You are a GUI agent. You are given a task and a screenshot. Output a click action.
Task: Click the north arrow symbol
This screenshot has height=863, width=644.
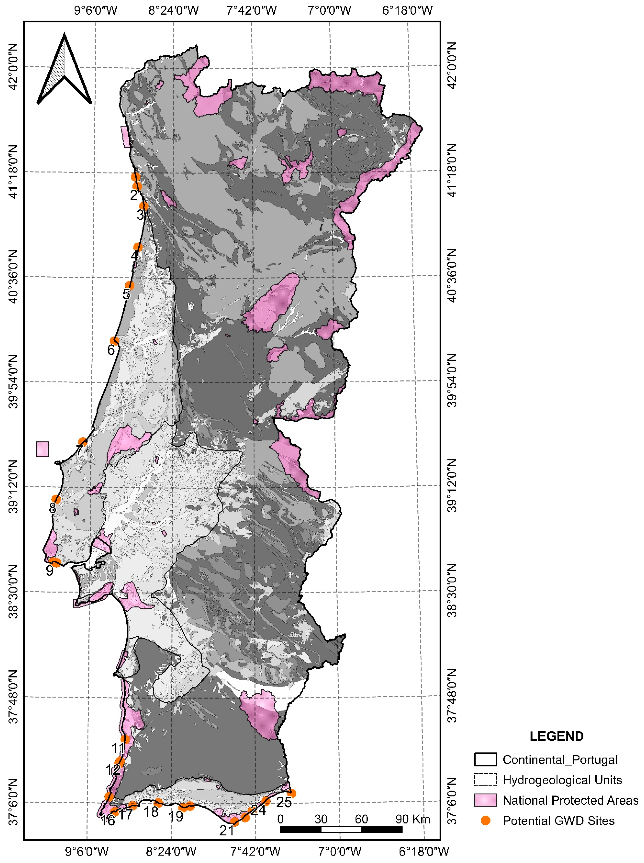tap(64, 70)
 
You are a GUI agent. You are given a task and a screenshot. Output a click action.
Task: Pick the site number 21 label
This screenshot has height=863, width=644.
tap(227, 831)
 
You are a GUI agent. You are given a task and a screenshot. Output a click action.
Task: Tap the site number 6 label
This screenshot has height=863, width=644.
tap(111, 350)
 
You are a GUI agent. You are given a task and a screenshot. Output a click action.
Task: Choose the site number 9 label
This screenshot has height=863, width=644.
tap(49, 571)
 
